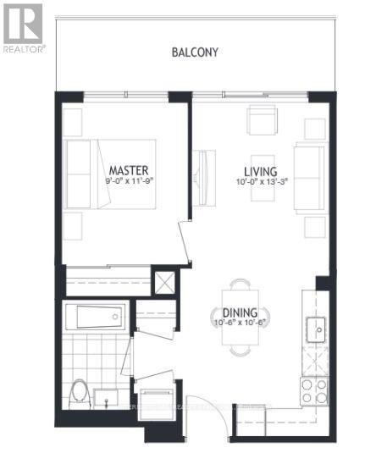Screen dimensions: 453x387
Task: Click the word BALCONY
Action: click(x=195, y=52)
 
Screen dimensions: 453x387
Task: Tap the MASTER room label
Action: click(x=128, y=168)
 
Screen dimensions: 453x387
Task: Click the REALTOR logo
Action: click(x=22, y=29)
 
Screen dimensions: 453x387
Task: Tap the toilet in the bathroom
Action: click(x=80, y=393)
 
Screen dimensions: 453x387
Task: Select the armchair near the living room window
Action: click(x=262, y=119)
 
